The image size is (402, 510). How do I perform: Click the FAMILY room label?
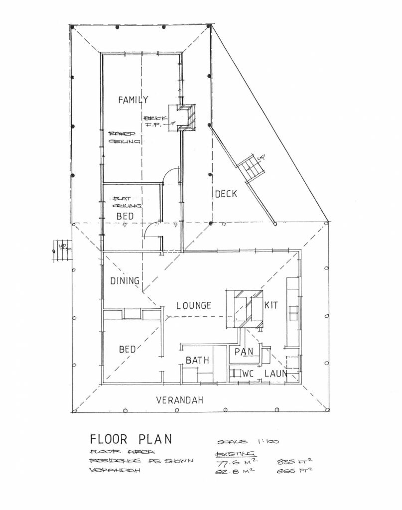point(133,100)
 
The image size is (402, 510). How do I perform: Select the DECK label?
point(226,194)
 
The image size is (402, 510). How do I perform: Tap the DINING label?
point(125,281)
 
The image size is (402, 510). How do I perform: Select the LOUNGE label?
point(194,305)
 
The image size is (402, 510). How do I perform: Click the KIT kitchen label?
point(271,304)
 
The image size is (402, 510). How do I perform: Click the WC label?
point(249,373)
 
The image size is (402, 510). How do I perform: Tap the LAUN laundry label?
point(275,373)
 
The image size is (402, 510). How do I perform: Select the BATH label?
point(197,360)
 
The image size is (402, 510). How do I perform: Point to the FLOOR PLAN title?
point(131,439)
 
